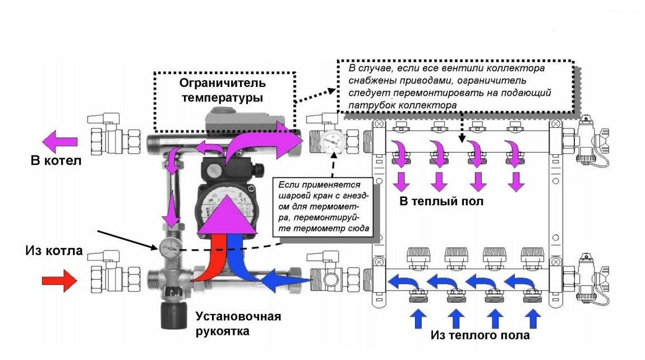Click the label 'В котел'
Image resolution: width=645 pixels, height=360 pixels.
(x=56, y=161)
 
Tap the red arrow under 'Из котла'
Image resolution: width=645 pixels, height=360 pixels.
(x=59, y=280)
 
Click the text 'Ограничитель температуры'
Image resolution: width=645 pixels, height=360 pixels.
(x=223, y=90)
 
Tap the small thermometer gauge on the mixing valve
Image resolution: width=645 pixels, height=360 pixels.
(x=168, y=246)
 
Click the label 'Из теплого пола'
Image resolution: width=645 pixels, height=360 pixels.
(x=480, y=335)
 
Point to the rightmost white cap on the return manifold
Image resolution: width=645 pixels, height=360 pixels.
(x=531, y=256)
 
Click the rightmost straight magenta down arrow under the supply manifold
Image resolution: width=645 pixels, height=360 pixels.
(x=516, y=182)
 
